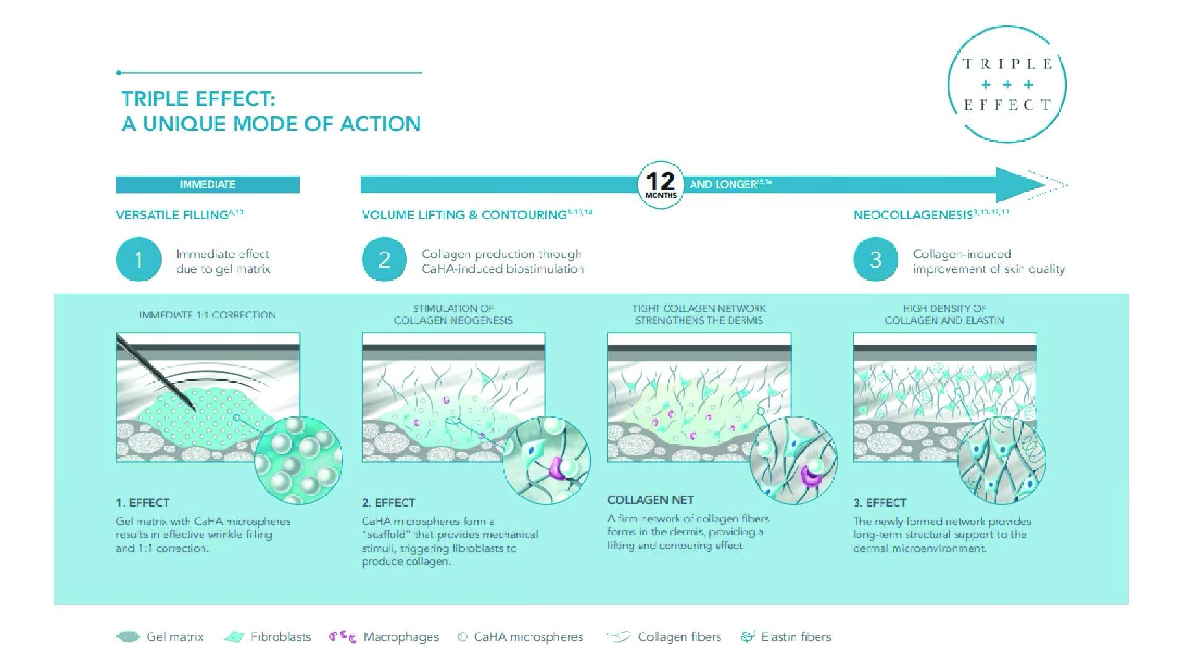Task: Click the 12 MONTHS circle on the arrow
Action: point(660,185)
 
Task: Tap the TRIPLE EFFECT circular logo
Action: point(1007,85)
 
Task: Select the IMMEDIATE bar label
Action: point(208,185)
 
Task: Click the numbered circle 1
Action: point(138,260)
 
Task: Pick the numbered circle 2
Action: point(384,260)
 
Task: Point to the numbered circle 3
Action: point(875,260)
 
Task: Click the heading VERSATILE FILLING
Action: point(172,215)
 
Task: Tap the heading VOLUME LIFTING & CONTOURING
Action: point(465,215)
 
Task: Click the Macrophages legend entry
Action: point(384,636)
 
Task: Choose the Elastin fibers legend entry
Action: point(785,636)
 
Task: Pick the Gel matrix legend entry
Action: point(159,636)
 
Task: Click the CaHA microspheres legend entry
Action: point(520,636)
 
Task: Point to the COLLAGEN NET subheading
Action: point(650,500)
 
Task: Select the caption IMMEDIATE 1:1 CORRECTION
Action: point(208,315)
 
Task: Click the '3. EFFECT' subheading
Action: point(880,502)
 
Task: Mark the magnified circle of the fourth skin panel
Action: point(1001,460)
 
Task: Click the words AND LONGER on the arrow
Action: point(723,184)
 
